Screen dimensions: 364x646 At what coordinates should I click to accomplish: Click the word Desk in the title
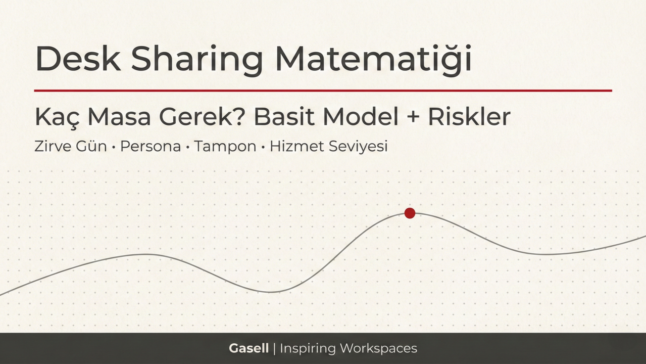click(78, 59)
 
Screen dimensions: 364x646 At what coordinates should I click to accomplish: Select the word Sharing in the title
click(197, 59)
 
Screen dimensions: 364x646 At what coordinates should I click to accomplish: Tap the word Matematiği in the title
click(373, 59)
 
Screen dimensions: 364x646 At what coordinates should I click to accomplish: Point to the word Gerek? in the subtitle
click(203, 117)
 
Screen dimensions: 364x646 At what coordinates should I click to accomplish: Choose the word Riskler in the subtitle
click(469, 117)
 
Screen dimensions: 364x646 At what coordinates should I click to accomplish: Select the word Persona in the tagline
click(151, 147)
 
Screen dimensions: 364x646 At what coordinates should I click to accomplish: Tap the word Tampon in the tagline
click(225, 147)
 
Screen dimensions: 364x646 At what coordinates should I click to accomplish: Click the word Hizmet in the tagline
click(296, 147)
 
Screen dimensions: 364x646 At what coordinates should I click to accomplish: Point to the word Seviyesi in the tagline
click(358, 147)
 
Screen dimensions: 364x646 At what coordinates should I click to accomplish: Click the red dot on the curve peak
click(410, 213)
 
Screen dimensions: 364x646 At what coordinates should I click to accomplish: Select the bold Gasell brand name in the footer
click(249, 348)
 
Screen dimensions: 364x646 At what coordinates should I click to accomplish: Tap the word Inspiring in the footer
click(308, 348)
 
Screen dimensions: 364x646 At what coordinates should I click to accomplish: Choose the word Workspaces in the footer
click(378, 348)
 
